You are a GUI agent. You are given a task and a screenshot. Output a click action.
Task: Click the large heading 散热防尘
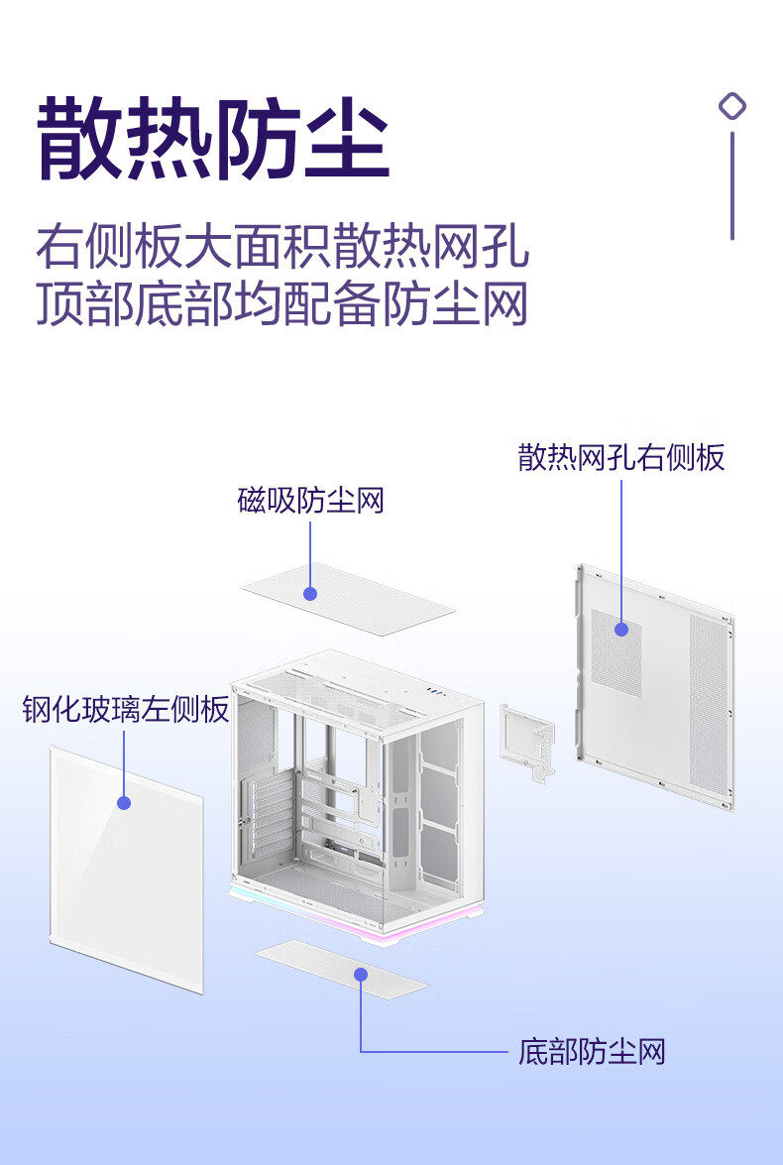coord(212,139)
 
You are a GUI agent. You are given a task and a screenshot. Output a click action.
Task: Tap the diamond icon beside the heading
coord(732,106)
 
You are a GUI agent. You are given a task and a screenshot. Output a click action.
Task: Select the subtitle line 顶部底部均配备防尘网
coord(282,304)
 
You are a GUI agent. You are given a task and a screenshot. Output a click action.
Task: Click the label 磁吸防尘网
coord(310,501)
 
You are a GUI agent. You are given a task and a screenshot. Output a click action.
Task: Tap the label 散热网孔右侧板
coord(621,457)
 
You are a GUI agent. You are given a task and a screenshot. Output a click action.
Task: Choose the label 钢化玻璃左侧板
coord(126,710)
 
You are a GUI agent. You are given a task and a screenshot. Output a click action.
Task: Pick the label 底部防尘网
coord(592,1052)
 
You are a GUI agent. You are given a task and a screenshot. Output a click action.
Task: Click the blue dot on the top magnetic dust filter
coord(310,593)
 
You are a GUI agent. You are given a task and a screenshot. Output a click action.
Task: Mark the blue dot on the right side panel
coord(621,629)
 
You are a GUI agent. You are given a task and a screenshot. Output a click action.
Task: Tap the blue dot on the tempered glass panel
coord(124,802)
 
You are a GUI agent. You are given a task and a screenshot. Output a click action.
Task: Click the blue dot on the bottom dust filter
coord(361,975)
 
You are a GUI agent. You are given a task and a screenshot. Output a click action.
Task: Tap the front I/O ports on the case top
coord(436,691)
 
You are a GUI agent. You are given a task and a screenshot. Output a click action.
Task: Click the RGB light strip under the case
coord(357,913)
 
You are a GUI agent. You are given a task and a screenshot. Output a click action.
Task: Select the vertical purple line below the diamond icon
coord(732,185)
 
